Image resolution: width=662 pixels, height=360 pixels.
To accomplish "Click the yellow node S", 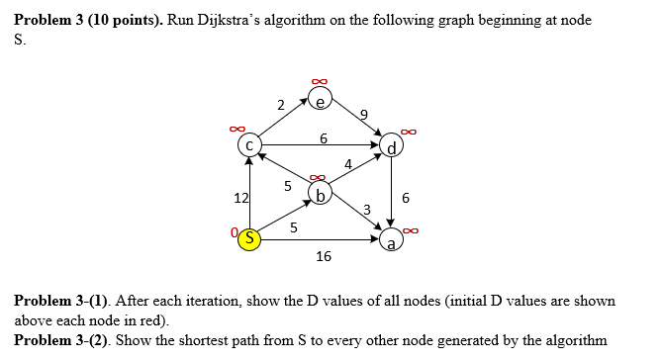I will click(x=251, y=238).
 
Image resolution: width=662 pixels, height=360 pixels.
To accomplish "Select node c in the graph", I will click(x=250, y=145).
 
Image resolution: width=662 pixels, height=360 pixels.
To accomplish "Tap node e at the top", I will click(x=321, y=99).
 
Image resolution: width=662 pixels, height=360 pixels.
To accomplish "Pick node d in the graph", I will click(x=394, y=148).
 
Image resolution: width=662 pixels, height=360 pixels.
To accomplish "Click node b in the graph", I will click(x=321, y=192).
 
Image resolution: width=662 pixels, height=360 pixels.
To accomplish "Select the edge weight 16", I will click(x=323, y=257).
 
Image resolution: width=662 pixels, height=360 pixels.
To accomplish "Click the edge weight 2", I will click(x=281, y=104).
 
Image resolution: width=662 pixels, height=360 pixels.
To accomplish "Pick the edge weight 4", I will click(x=348, y=163).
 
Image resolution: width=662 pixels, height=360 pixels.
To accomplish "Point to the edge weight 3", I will click(x=366, y=209).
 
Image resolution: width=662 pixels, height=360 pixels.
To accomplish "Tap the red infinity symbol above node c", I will click(x=236, y=127).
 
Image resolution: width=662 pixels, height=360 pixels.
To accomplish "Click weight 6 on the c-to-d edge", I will click(x=323, y=137).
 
